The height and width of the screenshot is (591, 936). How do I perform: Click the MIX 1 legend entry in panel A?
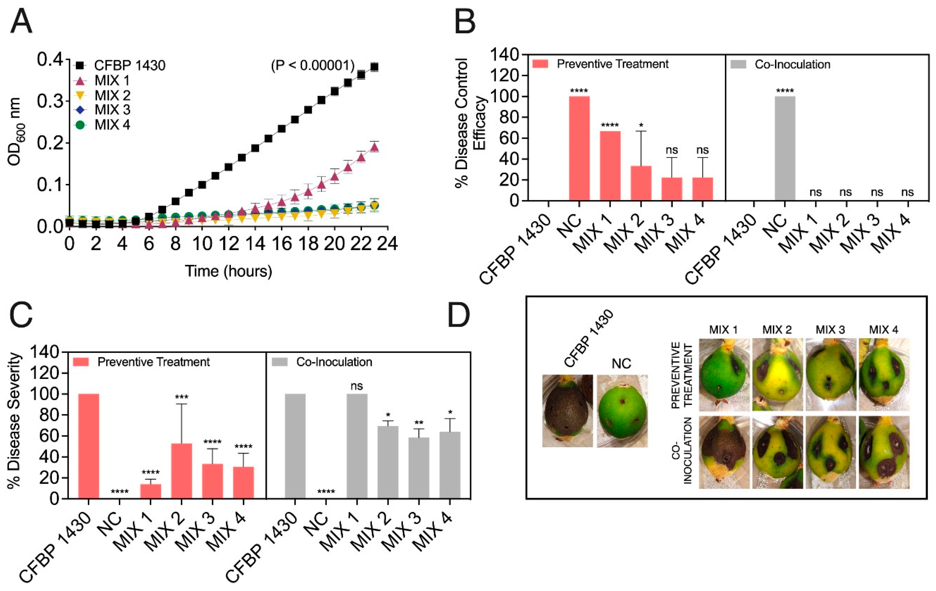tap(112, 80)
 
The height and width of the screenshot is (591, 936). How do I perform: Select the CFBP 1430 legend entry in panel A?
tap(130, 65)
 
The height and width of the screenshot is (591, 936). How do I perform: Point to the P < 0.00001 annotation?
tap(313, 65)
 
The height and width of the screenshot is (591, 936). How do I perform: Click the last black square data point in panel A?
tap(374, 67)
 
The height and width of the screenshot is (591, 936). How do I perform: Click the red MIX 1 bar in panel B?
tap(610, 166)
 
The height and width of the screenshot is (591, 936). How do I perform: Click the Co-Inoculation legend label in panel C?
tap(334, 362)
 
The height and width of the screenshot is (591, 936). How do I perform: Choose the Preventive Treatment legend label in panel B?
tap(612, 64)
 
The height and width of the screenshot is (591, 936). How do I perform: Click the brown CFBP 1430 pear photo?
tap(568, 410)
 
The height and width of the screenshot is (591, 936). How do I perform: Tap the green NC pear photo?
tap(622, 410)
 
